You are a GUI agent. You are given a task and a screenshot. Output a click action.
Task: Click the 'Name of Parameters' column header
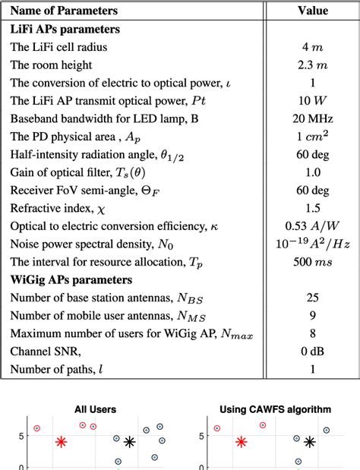click(65, 11)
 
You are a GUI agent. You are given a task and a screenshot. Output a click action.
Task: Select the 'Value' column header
click(313, 11)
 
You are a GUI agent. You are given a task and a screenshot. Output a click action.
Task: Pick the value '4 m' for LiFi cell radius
click(313, 47)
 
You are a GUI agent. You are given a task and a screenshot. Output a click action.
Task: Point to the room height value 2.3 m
click(313, 65)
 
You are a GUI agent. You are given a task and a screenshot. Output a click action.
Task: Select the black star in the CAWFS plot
click(310, 442)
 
